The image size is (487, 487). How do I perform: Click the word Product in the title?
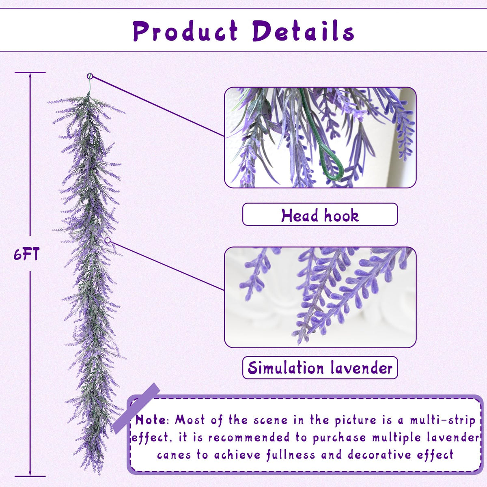(x=185, y=31)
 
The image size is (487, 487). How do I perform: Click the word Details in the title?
(x=303, y=31)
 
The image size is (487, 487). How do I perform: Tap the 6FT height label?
(x=26, y=254)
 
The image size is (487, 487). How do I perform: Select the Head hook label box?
(x=320, y=214)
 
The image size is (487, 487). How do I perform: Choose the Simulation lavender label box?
(x=320, y=368)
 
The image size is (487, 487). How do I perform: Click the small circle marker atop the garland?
(x=90, y=76)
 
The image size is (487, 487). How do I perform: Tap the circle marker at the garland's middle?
(x=108, y=240)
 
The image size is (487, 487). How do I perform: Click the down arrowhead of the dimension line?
(x=30, y=474)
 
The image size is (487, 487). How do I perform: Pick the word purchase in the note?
(x=339, y=438)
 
